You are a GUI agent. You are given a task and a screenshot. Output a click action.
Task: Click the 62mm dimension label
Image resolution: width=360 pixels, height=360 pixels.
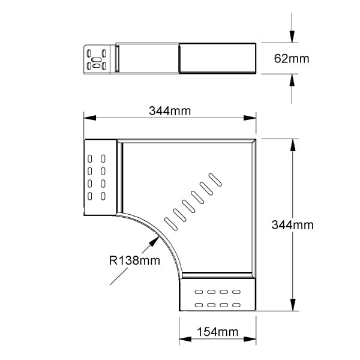(292, 59)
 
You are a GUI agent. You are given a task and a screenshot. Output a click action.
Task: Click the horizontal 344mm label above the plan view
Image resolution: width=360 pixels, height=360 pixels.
(170, 111)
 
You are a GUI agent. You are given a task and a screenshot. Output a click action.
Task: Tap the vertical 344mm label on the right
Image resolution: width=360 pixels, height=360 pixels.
(293, 225)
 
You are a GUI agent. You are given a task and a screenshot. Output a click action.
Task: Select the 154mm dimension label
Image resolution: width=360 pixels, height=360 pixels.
(218, 332)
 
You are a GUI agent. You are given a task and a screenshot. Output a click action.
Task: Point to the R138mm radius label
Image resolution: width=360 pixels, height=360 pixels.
(134, 260)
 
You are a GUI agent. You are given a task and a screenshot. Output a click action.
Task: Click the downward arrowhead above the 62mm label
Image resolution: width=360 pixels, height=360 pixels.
(292, 37)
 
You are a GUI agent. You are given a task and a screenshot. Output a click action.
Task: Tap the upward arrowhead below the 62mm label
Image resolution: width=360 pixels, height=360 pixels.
(292, 80)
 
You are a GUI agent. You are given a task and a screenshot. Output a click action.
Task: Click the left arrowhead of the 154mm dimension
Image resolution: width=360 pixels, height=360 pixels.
(185, 339)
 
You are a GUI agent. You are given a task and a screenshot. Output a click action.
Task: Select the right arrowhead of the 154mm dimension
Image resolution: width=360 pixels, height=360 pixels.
(250, 339)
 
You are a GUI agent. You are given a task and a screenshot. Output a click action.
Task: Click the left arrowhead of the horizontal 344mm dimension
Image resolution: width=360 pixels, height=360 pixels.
(90, 118)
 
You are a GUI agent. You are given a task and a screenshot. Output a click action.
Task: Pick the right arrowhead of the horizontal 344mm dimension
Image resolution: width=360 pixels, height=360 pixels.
(250, 118)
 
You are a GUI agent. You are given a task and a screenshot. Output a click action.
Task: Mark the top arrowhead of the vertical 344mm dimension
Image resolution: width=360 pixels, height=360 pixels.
(293, 145)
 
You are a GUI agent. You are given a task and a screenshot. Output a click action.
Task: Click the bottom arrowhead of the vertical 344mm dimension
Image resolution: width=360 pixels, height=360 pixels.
(293, 305)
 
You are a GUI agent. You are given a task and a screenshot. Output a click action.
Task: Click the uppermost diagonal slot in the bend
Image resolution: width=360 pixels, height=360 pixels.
(215, 180)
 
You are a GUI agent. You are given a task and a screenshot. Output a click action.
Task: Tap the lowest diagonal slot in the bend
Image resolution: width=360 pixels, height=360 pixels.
(171, 224)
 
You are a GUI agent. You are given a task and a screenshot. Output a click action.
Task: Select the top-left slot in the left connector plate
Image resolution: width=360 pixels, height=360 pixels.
(90, 158)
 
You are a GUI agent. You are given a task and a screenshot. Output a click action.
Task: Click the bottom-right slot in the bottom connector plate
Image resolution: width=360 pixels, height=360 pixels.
(236, 305)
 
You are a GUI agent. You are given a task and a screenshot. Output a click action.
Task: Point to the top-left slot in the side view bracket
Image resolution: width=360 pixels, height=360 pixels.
(89, 53)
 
